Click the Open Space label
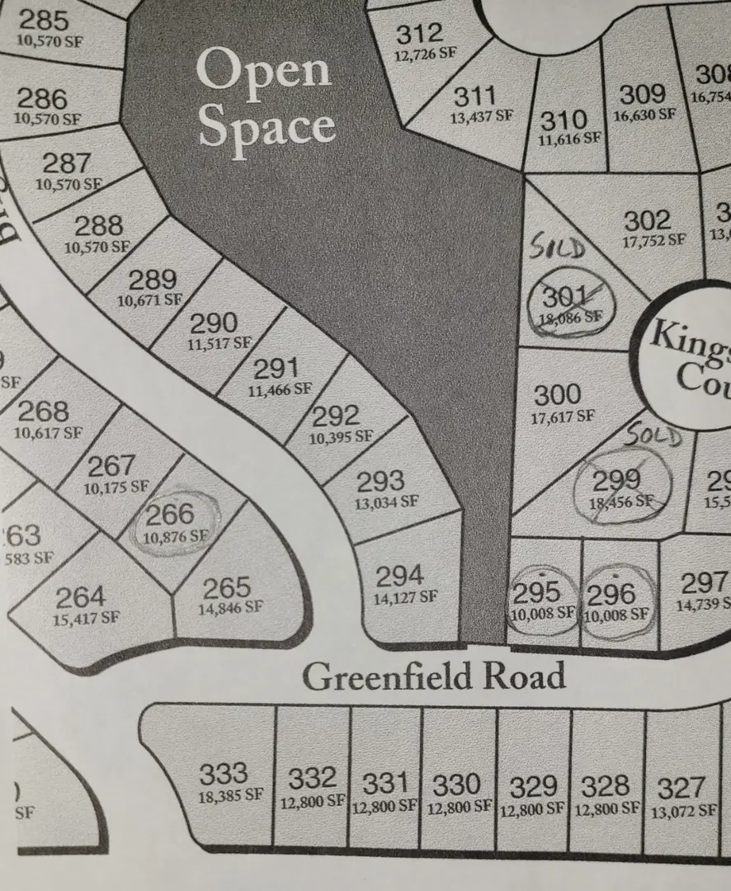(266, 99)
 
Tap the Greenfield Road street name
(434, 676)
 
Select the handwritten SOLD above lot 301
(558, 247)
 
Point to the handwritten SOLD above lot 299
(653, 436)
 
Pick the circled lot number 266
(170, 516)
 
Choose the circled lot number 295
(536, 593)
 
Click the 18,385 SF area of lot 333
(230, 797)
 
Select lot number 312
(419, 35)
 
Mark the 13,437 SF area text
(482, 117)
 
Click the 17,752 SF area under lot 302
(653, 240)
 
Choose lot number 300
(557, 394)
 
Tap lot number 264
(80, 596)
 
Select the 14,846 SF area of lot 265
(230, 608)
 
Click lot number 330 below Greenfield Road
(456, 784)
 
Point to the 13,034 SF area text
(387, 501)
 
